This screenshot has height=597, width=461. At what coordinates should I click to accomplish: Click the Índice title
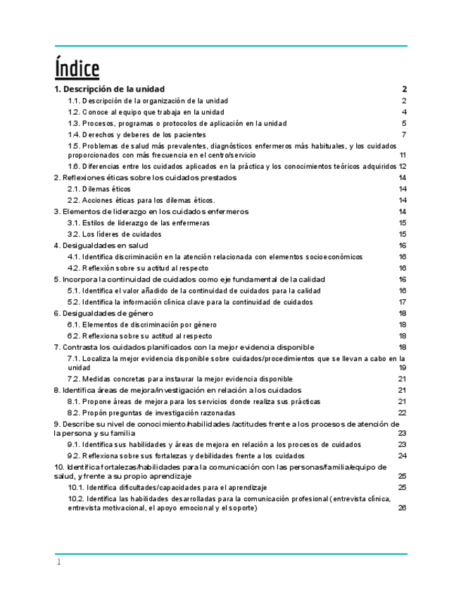point(77,69)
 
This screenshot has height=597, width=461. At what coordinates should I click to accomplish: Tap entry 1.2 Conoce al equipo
point(146,112)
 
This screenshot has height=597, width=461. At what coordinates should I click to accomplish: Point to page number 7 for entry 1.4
point(405,134)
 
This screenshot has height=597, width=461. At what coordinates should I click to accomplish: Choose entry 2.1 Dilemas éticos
point(99,189)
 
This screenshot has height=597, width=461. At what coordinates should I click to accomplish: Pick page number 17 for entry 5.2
point(403,302)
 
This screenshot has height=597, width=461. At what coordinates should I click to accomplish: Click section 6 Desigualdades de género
point(103,313)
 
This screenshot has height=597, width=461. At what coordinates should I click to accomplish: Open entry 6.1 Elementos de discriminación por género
point(141,325)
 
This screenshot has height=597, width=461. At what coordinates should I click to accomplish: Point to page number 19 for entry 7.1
point(403,367)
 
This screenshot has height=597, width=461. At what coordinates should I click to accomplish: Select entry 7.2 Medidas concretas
point(179,379)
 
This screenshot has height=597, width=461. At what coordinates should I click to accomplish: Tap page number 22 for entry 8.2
point(403,413)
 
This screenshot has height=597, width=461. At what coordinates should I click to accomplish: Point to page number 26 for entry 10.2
point(403,508)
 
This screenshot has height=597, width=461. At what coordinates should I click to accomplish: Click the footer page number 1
point(59,562)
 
